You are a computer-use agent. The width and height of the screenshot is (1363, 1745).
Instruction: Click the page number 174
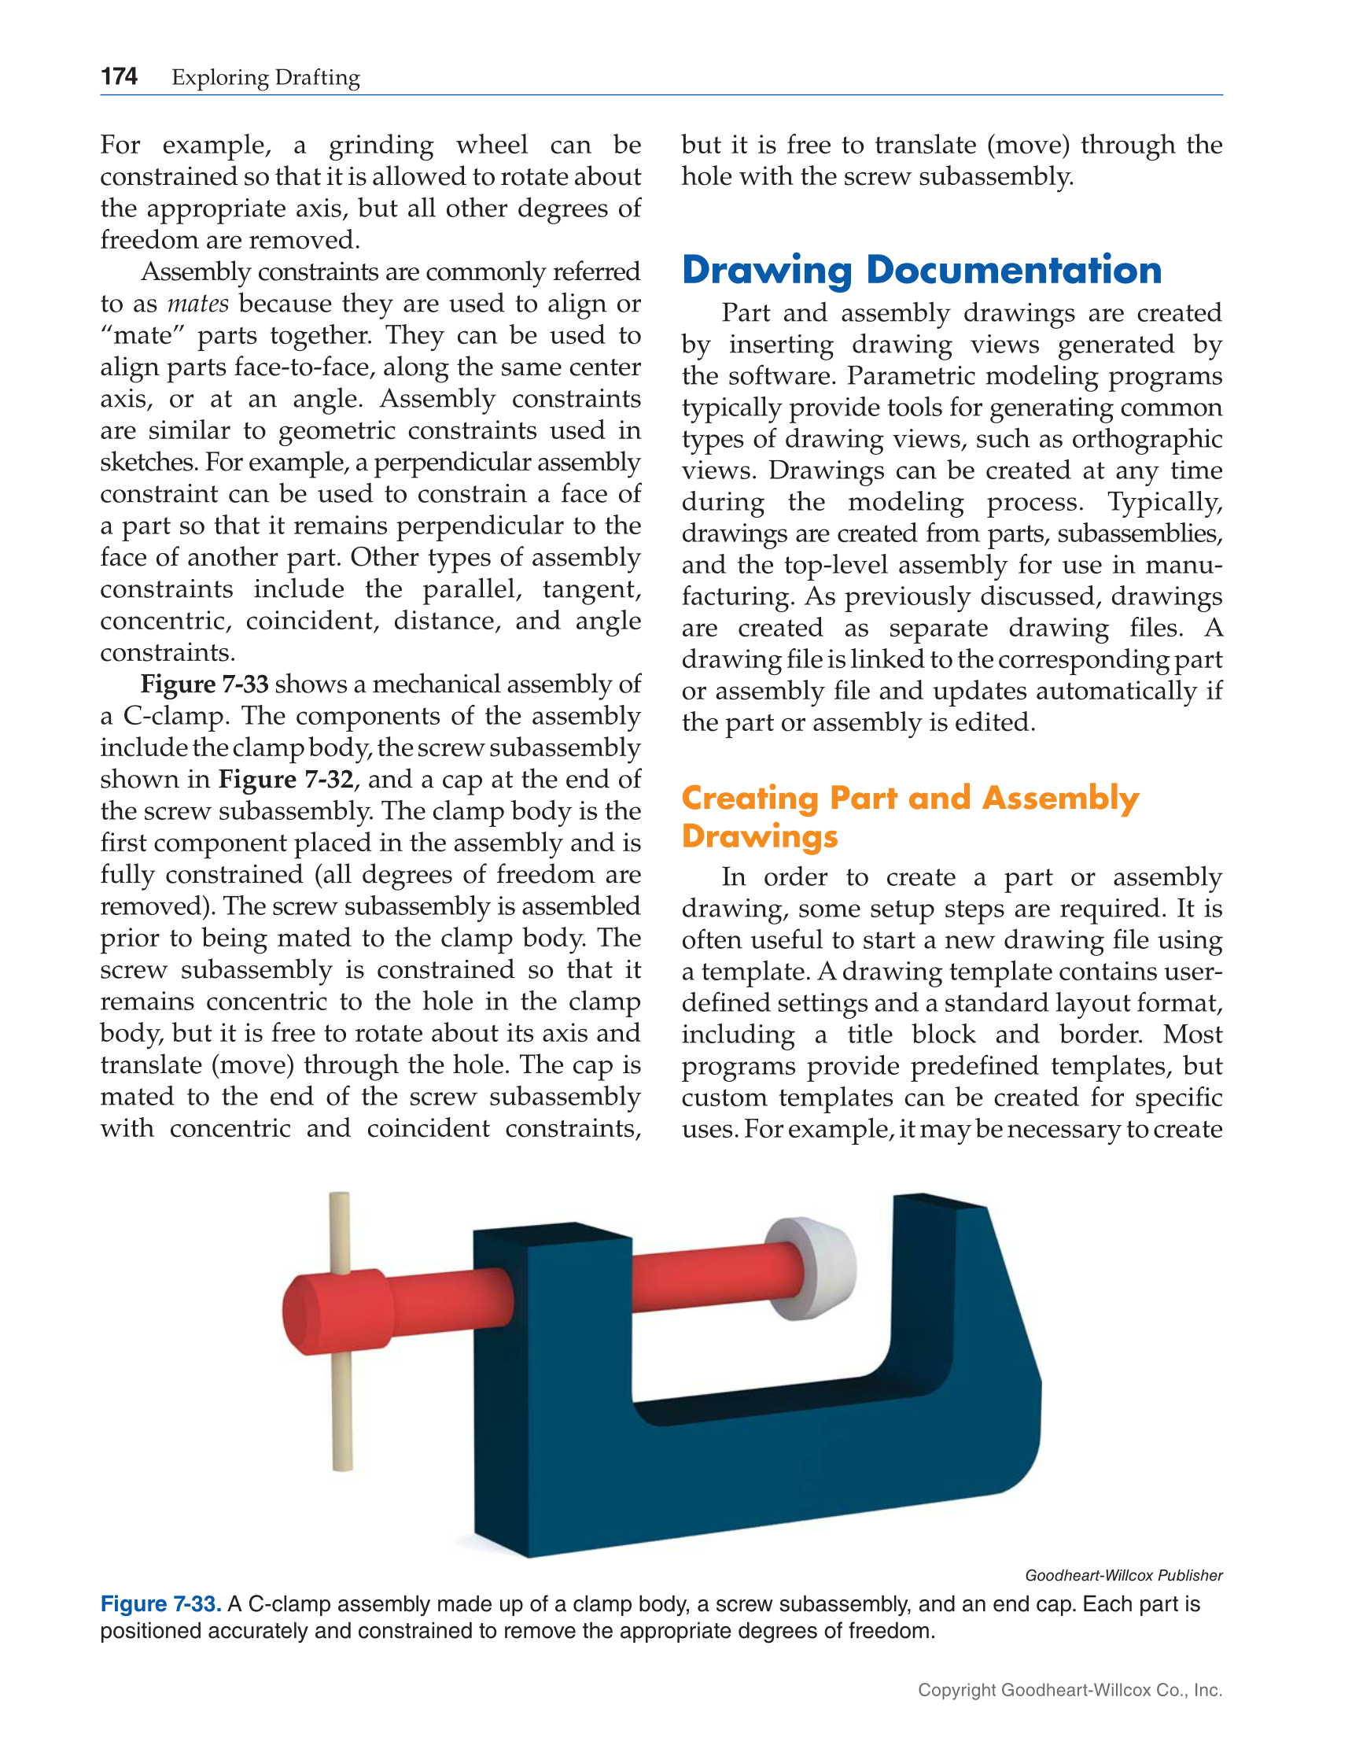coord(118,76)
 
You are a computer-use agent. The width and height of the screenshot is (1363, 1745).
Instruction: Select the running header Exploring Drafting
coord(265,78)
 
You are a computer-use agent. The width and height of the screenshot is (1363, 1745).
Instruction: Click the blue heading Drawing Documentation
coord(921,270)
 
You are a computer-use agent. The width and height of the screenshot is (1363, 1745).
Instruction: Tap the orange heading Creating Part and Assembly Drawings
coord(909,816)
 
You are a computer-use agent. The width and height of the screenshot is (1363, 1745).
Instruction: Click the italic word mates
coord(198,304)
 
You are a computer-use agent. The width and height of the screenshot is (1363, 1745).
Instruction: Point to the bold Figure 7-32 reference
coord(285,779)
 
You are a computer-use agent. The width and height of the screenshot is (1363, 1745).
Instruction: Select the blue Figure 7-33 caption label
coord(160,1603)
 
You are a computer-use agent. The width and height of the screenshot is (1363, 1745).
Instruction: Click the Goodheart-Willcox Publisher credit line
coord(1122,1575)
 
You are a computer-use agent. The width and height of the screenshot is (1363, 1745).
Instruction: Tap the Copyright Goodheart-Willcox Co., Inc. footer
coord(1069,1689)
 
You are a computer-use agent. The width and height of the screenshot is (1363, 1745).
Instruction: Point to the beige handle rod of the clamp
coord(341,1406)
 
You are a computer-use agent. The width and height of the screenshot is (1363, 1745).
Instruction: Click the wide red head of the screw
coord(336,1312)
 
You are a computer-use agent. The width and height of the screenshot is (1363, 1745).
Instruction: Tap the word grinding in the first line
coord(381,146)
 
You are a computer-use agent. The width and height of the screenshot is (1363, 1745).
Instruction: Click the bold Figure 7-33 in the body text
coord(204,684)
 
